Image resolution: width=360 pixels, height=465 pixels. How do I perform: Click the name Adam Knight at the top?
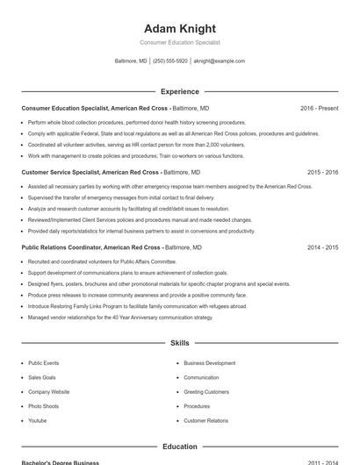click(179, 28)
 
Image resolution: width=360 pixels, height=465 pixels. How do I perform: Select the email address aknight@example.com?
click(219, 61)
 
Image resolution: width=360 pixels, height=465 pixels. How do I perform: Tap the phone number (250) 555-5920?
click(170, 61)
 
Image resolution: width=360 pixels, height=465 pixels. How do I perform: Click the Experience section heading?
click(179, 91)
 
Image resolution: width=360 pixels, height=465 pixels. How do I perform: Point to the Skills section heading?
click(179, 343)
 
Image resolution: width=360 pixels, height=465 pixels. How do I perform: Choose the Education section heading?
click(179, 447)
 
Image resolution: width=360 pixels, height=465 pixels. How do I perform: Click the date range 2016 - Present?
click(319, 108)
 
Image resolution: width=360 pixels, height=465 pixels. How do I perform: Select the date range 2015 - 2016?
click(322, 173)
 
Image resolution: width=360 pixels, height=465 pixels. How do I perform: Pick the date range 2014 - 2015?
click(322, 248)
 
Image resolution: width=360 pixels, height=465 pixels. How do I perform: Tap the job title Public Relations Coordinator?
click(61, 248)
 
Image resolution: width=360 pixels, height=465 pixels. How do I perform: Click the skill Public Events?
click(43, 362)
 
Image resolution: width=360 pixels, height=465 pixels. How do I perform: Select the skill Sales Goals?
click(40, 377)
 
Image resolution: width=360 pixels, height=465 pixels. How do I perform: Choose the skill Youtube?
click(38, 421)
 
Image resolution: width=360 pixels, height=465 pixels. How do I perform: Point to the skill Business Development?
click(209, 362)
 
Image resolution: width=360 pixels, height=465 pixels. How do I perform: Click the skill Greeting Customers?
click(206, 392)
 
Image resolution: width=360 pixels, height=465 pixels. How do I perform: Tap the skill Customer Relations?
click(205, 421)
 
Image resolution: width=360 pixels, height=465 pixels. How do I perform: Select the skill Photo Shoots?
click(43, 406)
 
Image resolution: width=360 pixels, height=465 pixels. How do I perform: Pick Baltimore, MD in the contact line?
click(131, 61)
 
